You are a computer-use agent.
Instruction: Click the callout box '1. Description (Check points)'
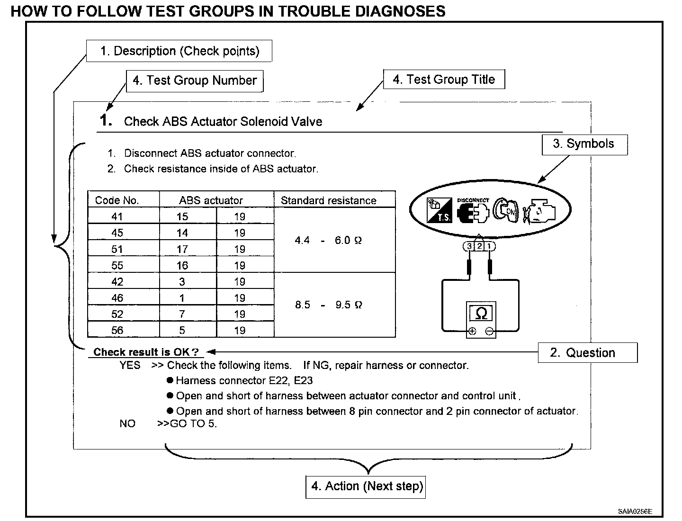point(179,51)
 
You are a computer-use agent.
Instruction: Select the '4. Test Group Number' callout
point(194,81)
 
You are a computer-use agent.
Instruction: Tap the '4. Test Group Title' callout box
point(444,80)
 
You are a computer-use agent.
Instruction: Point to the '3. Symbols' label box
point(584,144)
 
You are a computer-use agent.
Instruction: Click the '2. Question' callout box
point(587,353)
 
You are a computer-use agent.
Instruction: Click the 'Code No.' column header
point(117,200)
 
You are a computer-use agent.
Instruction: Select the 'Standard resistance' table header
point(329,200)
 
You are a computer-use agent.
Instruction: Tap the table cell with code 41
point(117,216)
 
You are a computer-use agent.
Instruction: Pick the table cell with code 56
point(117,330)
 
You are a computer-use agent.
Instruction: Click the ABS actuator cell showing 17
point(182,249)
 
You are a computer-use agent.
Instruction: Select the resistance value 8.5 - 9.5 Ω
point(329,305)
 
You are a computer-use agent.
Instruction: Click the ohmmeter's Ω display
point(481,313)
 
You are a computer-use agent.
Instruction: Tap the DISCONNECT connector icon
point(472,211)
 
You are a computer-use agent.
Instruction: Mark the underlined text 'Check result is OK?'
point(146,352)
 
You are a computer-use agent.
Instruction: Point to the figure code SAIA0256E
point(635,512)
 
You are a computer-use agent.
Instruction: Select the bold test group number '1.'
point(106,120)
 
